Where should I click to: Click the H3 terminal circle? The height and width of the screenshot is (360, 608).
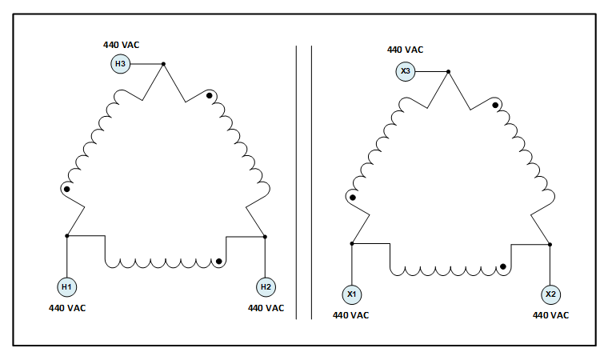(120, 64)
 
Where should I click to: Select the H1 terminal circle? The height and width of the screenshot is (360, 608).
(66, 287)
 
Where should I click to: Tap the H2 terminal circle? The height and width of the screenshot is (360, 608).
(265, 287)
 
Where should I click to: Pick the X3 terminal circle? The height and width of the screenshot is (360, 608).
(406, 72)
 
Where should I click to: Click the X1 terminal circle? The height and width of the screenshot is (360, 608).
(351, 294)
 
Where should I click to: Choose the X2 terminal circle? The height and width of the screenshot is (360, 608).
(550, 294)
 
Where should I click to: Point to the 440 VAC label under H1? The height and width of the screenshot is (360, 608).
(66, 308)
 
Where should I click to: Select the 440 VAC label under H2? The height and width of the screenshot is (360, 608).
(266, 308)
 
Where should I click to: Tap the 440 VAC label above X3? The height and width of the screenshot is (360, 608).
(406, 50)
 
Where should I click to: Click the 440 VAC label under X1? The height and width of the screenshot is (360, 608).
(351, 315)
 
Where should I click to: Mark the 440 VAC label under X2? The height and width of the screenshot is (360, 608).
(550, 315)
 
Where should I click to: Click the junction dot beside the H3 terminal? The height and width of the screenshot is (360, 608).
(163, 64)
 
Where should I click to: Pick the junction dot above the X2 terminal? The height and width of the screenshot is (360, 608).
(550, 243)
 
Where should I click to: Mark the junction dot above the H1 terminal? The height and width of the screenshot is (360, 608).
(66, 236)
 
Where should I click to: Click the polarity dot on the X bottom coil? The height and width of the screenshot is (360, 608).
(503, 266)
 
